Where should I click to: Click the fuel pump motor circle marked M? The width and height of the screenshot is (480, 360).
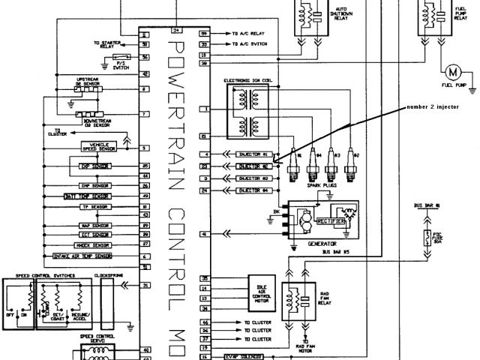click(x=451, y=73)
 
